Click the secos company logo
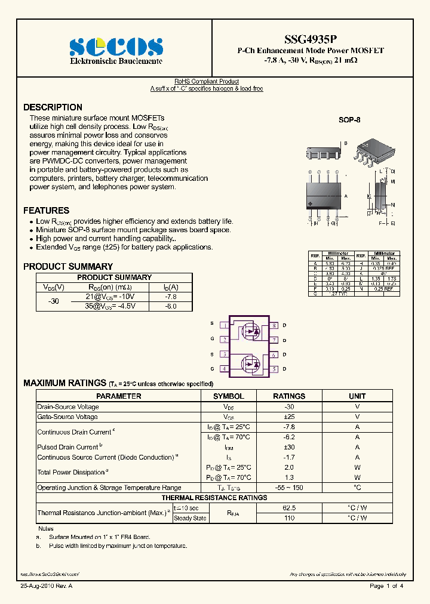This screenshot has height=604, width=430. click(x=116, y=47)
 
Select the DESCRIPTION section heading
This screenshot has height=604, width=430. click(x=53, y=107)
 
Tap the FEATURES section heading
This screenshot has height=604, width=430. click(x=46, y=211)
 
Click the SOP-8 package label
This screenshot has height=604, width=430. click(x=349, y=120)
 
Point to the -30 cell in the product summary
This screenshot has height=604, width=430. click(x=54, y=302)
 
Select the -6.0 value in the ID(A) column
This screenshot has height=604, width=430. click(x=171, y=306)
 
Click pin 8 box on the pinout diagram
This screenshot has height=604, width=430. click(x=274, y=326)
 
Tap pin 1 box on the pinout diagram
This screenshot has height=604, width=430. click(x=223, y=326)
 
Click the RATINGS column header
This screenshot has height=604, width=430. click(x=289, y=396)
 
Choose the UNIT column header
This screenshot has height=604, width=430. click(x=357, y=396)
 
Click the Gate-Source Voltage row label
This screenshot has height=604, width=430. click(x=67, y=417)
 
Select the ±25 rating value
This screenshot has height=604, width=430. click(x=289, y=417)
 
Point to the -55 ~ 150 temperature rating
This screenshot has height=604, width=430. click(x=289, y=488)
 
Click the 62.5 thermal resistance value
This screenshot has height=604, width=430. click(x=289, y=507)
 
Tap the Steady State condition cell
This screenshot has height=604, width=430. click(x=190, y=518)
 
